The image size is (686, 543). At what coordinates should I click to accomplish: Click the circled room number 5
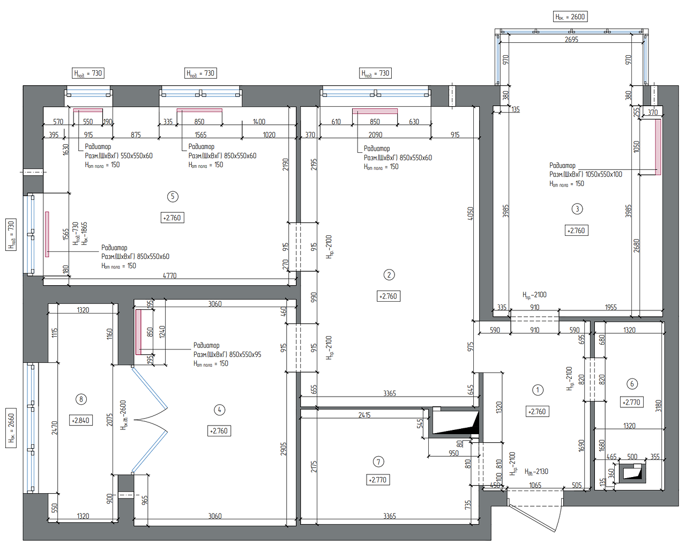tap(173, 196)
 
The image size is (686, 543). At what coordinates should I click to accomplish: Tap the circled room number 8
tap(81, 399)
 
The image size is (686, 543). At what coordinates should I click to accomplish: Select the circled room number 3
tap(577, 209)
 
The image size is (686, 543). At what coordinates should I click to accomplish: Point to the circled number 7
tap(378, 462)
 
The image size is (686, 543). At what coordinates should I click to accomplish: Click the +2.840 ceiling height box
tap(81, 421)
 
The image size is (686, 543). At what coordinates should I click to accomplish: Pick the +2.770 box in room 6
tap(631, 403)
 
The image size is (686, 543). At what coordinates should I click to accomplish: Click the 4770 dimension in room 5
tap(169, 276)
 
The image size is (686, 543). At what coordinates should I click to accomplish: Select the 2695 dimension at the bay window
tap(571, 40)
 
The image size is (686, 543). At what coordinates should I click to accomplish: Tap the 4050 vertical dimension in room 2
tap(471, 213)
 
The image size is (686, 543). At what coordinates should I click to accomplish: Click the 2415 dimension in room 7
tap(364, 415)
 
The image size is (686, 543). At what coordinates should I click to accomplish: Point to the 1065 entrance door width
tap(535, 485)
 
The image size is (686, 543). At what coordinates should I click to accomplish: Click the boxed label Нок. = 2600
tap(570, 17)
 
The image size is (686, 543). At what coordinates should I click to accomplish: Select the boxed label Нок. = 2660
tap(11, 428)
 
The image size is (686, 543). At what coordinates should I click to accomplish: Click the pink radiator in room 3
tap(658, 147)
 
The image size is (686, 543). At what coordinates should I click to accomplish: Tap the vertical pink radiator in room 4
tap(138, 332)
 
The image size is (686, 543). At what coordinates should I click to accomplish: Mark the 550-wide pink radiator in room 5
tap(88, 110)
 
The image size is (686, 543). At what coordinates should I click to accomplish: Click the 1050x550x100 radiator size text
tap(603, 174)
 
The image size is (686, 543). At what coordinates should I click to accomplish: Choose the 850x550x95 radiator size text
tap(243, 354)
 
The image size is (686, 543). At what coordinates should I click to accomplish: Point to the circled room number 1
tap(538, 390)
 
